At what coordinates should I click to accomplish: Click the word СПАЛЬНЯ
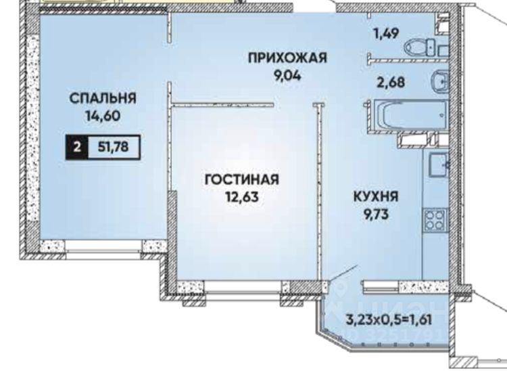coord(103,99)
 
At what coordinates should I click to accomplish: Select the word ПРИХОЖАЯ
coord(287,58)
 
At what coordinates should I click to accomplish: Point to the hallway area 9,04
coord(287,74)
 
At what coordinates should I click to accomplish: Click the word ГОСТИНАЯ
coord(242,180)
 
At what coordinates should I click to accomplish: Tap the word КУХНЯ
coord(375,197)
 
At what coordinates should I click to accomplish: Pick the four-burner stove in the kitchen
coord(433,219)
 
